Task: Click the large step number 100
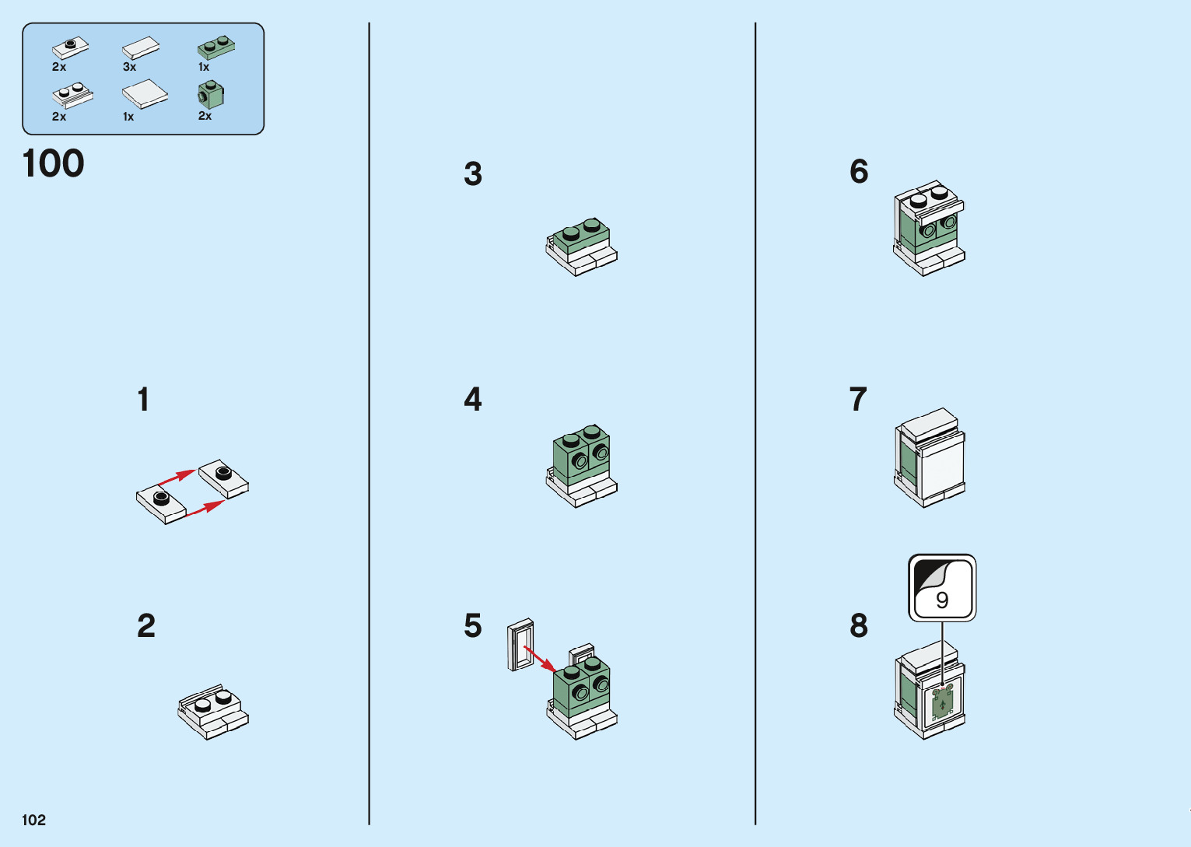[53, 163]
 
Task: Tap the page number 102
[33, 820]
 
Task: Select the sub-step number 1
[144, 399]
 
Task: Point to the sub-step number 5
[473, 625]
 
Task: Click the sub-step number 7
[858, 399]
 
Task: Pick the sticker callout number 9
[941, 600]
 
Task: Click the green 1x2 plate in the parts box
[216, 47]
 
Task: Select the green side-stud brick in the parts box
[211, 94]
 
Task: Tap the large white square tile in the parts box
[145, 93]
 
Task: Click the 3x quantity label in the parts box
[129, 67]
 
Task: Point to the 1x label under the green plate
[204, 67]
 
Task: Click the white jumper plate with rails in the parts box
[73, 95]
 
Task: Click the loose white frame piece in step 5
[520, 645]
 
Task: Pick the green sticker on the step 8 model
[943, 703]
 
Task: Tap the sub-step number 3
[473, 173]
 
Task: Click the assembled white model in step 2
[213, 712]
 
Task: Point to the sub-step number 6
[859, 171]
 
